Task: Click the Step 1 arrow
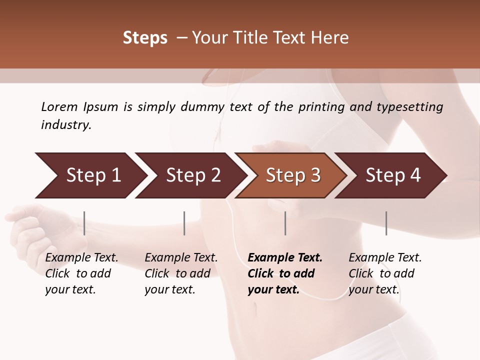(93, 175)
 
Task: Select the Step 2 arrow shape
(193, 175)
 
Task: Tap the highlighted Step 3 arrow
(293, 175)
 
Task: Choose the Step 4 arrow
(393, 175)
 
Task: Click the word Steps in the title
(145, 38)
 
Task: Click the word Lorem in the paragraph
(59, 107)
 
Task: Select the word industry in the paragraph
(66, 125)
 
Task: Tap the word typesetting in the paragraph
(407, 107)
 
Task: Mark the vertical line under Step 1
(84, 223)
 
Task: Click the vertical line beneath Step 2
(184, 223)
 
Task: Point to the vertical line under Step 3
(285, 223)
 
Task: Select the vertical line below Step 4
(386, 223)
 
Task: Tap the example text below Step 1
(81, 273)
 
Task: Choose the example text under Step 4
(385, 273)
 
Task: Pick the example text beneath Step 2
(181, 273)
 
